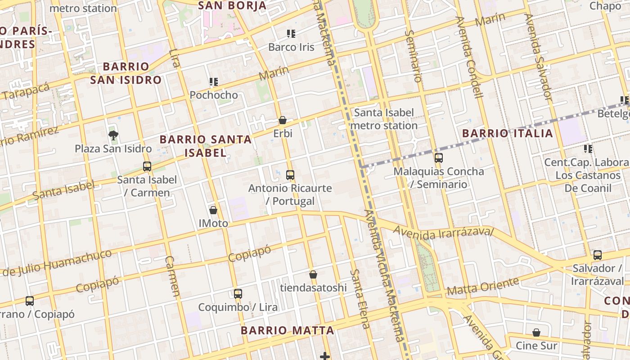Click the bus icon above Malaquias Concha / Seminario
pyautogui.click(x=438, y=158)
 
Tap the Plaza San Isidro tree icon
pyautogui.click(x=113, y=135)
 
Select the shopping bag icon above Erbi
pyautogui.click(x=283, y=120)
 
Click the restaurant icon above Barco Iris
pyautogui.click(x=291, y=34)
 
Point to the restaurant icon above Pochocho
pyautogui.click(x=214, y=82)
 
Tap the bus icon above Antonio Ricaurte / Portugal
pyautogui.click(x=290, y=175)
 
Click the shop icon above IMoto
pyautogui.click(x=213, y=210)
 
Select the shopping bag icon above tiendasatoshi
pyautogui.click(x=313, y=274)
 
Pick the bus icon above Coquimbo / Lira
pyautogui.click(x=238, y=294)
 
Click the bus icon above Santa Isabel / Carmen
pyautogui.click(x=147, y=166)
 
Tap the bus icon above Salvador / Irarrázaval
pyautogui.click(x=598, y=255)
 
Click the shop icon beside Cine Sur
pyautogui.click(x=536, y=333)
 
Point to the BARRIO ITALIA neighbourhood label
pyautogui.click(x=508, y=133)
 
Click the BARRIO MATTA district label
pyautogui.click(x=287, y=330)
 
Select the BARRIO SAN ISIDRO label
pyautogui.click(x=126, y=73)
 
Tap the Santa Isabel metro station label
pyautogui.click(x=384, y=119)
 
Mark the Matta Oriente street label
pyautogui.click(x=483, y=287)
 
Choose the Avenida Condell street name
pyautogui.click(x=469, y=57)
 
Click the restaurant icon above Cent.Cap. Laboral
pyautogui.click(x=588, y=148)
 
